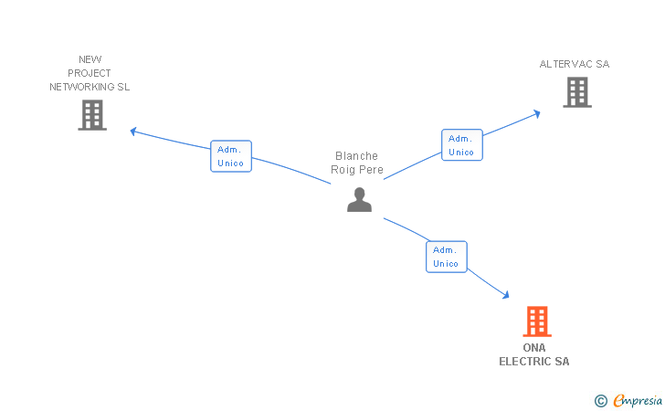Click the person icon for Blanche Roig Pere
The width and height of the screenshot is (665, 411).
pyautogui.click(x=359, y=199)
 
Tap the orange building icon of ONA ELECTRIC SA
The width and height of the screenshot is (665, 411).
pyautogui.click(x=537, y=321)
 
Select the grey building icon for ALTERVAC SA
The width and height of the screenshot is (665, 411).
pyautogui.click(x=576, y=92)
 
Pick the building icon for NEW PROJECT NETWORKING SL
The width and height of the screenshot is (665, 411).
pyautogui.click(x=92, y=115)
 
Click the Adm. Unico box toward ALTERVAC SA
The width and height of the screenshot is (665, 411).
pyautogui.click(x=461, y=145)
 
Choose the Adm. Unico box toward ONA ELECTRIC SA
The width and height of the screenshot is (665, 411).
pyautogui.click(x=446, y=257)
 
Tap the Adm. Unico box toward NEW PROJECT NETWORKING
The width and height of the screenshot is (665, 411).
pyautogui.click(x=230, y=156)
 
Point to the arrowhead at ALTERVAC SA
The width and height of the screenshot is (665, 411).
pyautogui.click(x=537, y=113)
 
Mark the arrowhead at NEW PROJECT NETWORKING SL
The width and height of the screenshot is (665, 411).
pyautogui.click(x=133, y=131)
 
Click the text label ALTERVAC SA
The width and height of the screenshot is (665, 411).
pyautogui.click(x=574, y=64)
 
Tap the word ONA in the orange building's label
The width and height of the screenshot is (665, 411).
pyautogui.click(x=533, y=348)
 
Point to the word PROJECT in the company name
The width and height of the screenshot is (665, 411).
pyautogui.click(x=90, y=73)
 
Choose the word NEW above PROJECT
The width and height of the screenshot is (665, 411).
pyautogui.click(x=90, y=59)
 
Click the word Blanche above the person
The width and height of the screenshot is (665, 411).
pyautogui.click(x=356, y=156)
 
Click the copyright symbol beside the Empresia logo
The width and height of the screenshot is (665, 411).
pyautogui.click(x=600, y=400)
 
